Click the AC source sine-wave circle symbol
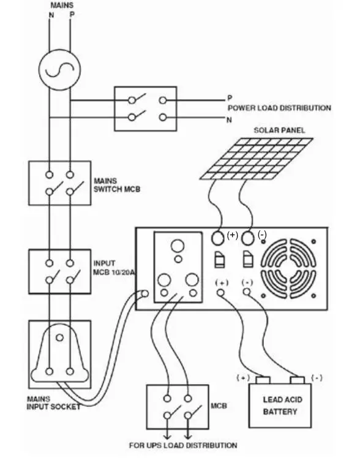point(59,70)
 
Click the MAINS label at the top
point(61,5)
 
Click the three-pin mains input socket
point(59,355)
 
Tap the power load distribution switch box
point(145,108)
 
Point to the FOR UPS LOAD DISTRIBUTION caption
point(182,445)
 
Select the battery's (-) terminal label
point(317,378)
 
